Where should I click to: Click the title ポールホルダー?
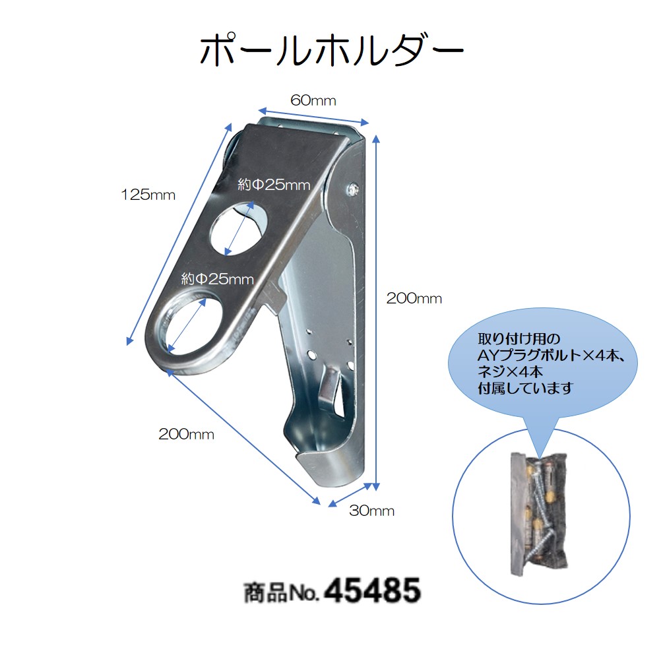331,51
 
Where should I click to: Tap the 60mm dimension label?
313,100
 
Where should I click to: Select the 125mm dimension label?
148,195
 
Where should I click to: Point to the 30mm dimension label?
372,511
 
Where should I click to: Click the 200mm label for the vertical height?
414,298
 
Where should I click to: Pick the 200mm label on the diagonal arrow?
186,434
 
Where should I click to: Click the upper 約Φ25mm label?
274,185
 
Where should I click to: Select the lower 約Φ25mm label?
218,279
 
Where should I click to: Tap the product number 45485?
373,590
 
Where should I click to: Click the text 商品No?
281,592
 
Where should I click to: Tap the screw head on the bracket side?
352,189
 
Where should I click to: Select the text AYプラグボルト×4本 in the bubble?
551,356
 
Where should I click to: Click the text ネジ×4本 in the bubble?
510,372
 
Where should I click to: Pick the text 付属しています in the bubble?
525,388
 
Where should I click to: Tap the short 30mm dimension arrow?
350,495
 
